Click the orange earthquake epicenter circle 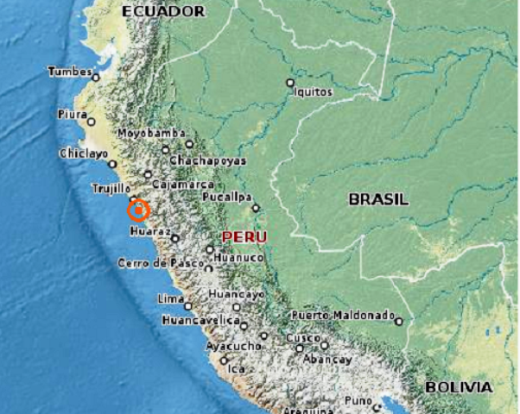(x=138, y=210)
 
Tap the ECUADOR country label (x=164, y=11)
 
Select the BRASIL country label (x=377, y=199)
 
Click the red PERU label (x=244, y=236)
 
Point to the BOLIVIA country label (x=458, y=387)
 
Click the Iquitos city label (x=313, y=91)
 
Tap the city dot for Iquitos (x=290, y=83)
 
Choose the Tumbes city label (x=69, y=72)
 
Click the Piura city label (x=72, y=114)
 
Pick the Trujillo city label (x=111, y=188)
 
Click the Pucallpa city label (x=226, y=198)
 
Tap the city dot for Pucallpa (x=256, y=208)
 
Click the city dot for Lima (x=187, y=305)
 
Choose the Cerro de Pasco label (x=154, y=262)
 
